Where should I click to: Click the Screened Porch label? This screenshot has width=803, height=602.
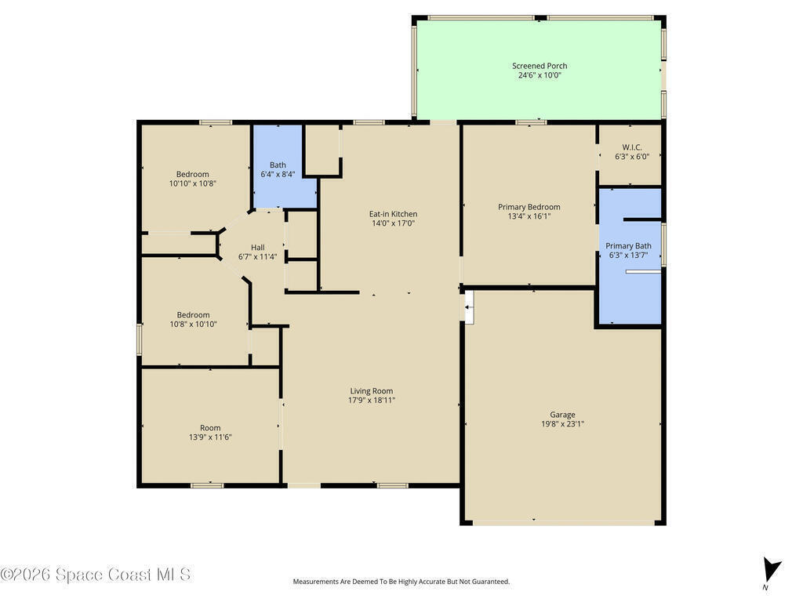[x=540, y=66]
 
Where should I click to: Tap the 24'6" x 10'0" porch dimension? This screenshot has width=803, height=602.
[x=540, y=75]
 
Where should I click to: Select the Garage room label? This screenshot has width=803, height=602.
[x=562, y=415]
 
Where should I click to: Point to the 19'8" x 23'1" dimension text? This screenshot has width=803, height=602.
[x=562, y=424]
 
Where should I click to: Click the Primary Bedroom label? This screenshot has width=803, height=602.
[x=529, y=207]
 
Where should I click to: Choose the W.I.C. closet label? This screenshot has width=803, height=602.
[x=632, y=147]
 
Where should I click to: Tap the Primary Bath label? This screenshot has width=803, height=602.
[x=628, y=245]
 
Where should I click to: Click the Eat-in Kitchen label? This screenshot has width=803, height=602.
[x=394, y=214]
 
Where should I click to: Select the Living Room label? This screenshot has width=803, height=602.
[x=372, y=391]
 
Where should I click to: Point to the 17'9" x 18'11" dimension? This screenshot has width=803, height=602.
[x=372, y=401]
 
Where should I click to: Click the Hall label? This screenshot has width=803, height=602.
[x=257, y=247]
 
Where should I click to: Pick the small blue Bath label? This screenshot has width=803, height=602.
[x=278, y=165]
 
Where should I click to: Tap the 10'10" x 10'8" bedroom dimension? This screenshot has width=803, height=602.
[x=193, y=183]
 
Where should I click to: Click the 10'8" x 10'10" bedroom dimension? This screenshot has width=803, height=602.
[x=193, y=324]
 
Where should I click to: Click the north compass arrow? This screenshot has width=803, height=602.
[x=772, y=571]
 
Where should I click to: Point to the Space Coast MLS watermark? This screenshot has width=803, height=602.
[x=96, y=575]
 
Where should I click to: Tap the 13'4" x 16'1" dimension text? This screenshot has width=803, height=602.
[x=529, y=216]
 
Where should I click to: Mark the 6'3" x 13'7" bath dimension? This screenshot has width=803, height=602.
[x=628, y=255]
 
